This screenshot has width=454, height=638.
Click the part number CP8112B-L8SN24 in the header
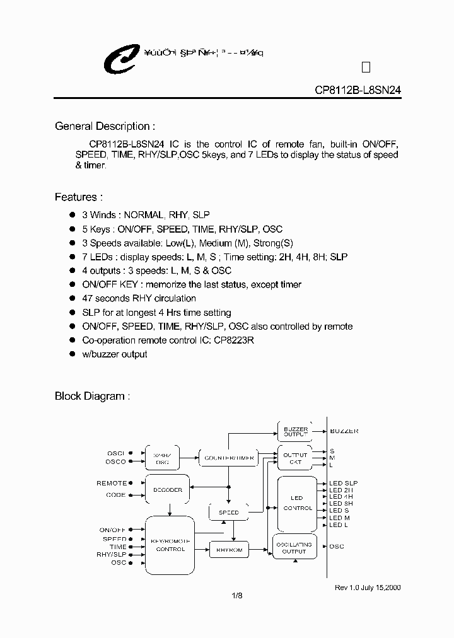358,90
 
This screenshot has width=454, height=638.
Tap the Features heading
79,197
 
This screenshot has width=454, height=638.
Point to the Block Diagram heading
93,396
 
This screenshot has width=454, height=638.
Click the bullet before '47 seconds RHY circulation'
72,298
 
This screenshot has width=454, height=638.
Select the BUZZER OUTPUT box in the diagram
295,432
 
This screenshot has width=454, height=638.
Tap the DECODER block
167,490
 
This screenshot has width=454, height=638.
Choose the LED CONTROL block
296,502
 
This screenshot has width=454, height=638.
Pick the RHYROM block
228,550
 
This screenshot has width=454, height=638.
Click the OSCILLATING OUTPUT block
294,547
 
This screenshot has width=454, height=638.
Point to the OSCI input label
116,453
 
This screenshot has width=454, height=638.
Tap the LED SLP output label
343,483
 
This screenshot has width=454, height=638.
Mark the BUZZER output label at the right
344,431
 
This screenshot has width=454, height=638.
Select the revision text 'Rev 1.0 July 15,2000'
368,587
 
